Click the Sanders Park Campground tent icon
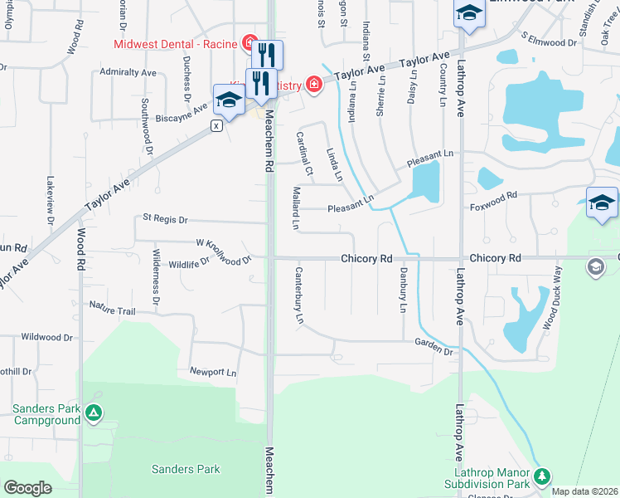coord(94,412)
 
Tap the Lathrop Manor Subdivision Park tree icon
coord(542,476)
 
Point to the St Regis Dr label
coord(166,219)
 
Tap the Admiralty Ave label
coord(128,73)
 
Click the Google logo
coord(27,488)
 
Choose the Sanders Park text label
coord(186,469)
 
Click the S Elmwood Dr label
coord(548,39)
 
